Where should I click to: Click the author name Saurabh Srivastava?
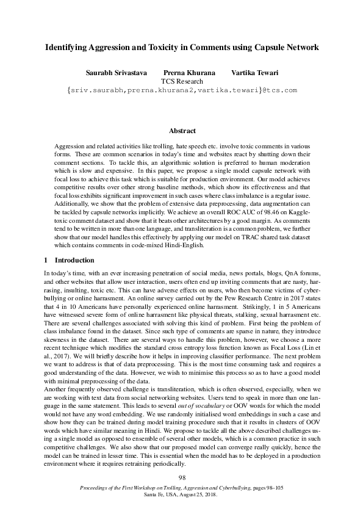pos(115,72)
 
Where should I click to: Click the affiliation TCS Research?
pos(181,81)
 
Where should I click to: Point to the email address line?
pos(181,90)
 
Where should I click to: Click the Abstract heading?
pos(181,131)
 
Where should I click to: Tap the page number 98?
pos(181,477)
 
